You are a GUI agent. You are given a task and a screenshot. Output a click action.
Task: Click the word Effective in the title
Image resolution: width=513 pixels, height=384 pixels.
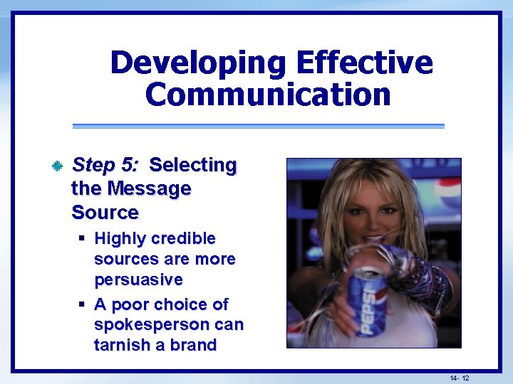point(364,63)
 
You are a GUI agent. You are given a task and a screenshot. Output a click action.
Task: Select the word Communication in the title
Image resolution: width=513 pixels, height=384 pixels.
point(268,95)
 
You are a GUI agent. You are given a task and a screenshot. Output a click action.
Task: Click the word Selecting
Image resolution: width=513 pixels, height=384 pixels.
point(193,165)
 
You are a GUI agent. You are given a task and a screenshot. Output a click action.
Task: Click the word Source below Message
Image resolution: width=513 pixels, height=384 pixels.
point(105,212)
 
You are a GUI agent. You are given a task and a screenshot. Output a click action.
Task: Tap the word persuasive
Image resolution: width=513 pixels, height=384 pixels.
point(138,279)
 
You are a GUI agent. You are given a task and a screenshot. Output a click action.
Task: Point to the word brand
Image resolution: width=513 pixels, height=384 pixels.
point(193,346)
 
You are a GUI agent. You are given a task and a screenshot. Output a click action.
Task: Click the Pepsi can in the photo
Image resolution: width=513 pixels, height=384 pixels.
point(367,299)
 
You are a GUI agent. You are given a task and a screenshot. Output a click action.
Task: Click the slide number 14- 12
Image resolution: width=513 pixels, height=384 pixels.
point(460,378)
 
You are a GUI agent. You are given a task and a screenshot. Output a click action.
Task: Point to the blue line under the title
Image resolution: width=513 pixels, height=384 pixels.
point(258,127)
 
